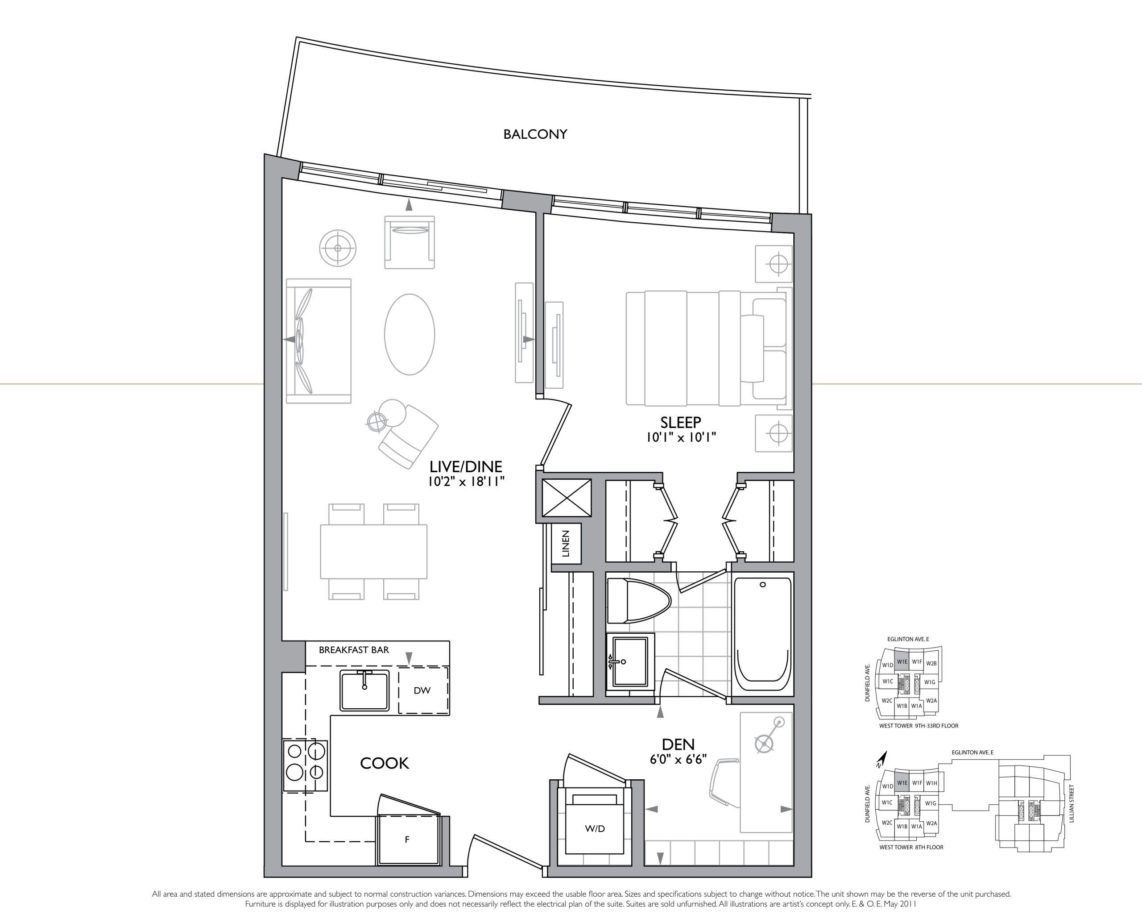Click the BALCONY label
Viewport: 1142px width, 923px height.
pyautogui.click(x=535, y=134)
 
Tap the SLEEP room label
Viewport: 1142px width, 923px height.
pyautogui.click(x=681, y=422)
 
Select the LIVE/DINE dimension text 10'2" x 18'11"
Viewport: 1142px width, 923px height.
pyautogui.click(x=466, y=482)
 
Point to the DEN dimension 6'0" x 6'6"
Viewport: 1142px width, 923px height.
pyautogui.click(x=678, y=760)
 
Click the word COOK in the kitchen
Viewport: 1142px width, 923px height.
pyautogui.click(x=384, y=764)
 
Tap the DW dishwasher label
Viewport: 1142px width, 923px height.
pyautogui.click(x=422, y=690)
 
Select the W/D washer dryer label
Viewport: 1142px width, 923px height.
pyautogui.click(x=595, y=828)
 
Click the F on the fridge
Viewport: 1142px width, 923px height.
pyautogui.click(x=407, y=840)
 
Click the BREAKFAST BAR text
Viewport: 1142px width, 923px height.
pyautogui.click(x=354, y=650)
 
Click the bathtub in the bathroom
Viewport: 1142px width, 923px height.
pyautogui.click(x=762, y=636)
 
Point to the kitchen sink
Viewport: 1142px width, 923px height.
pyautogui.click(x=364, y=690)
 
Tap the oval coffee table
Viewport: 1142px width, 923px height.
pyautogui.click(x=409, y=334)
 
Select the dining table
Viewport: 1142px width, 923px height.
pyautogui.click(x=373, y=552)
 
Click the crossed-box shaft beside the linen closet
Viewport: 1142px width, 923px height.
pyautogui.click(x=567, y=497)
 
